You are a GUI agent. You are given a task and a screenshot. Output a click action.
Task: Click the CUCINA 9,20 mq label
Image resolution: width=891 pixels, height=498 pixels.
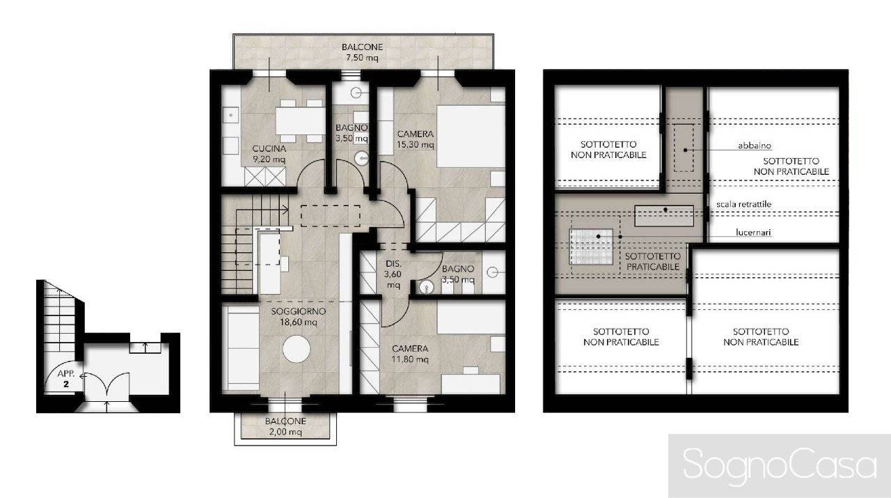tap(267, 153)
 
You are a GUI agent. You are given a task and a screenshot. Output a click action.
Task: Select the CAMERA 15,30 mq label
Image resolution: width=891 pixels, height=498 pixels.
tap(416, 139)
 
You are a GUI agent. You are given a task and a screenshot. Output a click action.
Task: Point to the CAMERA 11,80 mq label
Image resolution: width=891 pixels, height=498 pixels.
tap(410, 354)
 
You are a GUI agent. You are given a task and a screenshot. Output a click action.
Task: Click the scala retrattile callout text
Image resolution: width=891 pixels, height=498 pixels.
tap(743, 204)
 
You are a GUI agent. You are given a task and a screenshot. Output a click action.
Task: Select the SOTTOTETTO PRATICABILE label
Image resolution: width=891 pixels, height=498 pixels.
tap(652, 261)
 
